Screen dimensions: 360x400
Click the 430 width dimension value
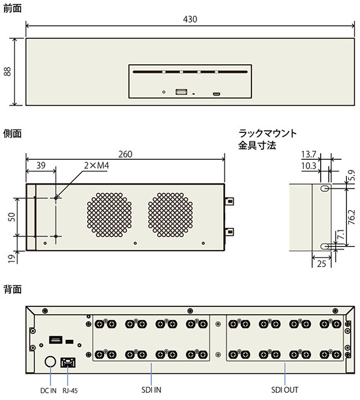pos(190,19)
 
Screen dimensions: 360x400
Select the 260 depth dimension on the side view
pos(125,154)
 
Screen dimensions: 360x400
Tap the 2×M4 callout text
pos(96,166)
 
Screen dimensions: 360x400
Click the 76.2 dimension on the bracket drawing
pos(351,217)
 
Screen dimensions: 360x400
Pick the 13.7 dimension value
pos(308,155)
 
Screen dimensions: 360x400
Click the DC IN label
pos(48,391)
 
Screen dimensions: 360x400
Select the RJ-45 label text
pos(70,391)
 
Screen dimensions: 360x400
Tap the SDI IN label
pos(151,390)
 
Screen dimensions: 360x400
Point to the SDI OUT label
pos(285,390)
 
